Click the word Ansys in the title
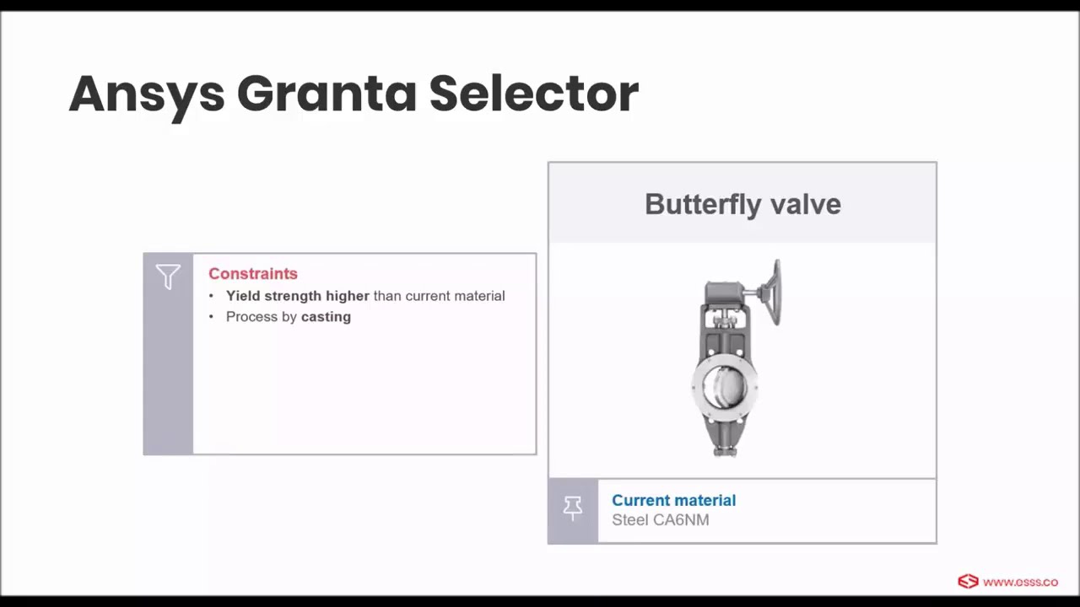pos(146,94)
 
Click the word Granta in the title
pos(327,94)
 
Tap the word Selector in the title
pos(533,94)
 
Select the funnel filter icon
pos(168,277)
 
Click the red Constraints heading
pos(253,274)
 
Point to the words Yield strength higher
pos(297,296)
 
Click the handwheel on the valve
pos(771,292)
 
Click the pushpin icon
pos(573,509)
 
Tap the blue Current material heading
pos(673,501)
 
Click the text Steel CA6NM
pos(660,520)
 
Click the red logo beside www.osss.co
pos(968,582)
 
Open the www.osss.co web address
pos(1020,582)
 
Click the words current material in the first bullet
pos(455,296)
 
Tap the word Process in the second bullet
pos(252,317)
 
